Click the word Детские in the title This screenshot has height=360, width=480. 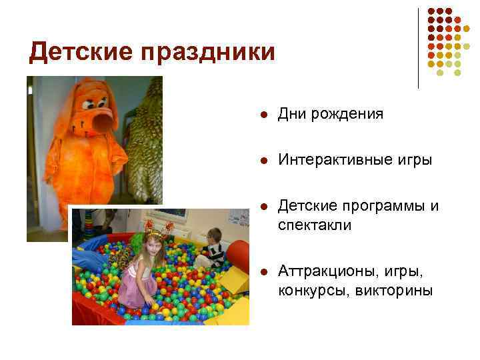71,51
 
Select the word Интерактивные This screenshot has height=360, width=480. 329,160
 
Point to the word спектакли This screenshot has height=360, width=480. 315,227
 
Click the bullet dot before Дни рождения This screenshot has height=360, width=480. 264,115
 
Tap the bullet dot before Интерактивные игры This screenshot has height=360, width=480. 264,161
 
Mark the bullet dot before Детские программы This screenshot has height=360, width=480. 264,206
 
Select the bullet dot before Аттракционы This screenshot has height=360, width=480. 264,273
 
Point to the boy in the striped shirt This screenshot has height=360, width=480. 213,246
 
